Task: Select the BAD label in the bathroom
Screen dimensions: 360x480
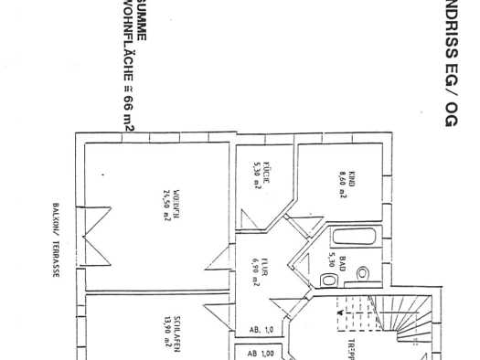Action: [x=344, y=266]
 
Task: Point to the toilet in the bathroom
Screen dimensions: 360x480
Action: [x=362, y=274]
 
